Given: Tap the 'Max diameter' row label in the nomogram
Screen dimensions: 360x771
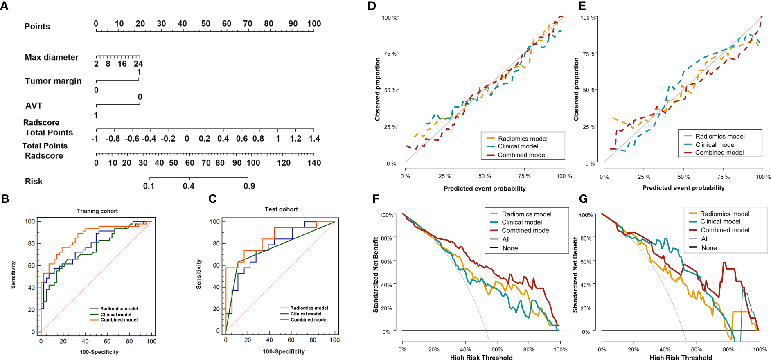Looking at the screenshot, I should tap(52, 58).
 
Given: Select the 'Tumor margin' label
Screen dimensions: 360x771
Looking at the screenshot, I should tap(53, 81).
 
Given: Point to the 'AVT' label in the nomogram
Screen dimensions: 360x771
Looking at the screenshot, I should tap(34, 106).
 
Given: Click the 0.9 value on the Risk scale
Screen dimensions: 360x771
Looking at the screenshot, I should tap(249, 186).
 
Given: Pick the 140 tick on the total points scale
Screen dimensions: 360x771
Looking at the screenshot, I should tap(314, 163).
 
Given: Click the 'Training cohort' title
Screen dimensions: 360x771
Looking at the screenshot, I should tap(97, 211).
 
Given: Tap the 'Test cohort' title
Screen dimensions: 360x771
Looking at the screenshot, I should tap(281, 209).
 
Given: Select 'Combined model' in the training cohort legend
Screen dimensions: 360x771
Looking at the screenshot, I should tap(119, 320).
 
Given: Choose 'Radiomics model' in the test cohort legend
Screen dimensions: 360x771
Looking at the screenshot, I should tap(309, 308).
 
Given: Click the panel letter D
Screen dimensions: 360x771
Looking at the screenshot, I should tap(372, 6).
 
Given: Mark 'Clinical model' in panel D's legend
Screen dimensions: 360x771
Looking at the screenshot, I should tap(518, 146).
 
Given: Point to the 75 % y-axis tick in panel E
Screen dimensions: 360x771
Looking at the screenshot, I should tap(589, 54).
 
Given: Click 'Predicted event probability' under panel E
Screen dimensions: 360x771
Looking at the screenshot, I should tap(683, 188).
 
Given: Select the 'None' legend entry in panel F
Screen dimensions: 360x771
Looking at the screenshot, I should tap(510, 248).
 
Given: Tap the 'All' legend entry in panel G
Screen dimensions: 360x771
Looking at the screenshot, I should tap(705, 239).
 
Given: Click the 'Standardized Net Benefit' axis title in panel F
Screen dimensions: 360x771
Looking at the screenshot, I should tap(376, 275).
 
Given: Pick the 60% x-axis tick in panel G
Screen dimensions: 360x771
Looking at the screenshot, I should tap(697, 350).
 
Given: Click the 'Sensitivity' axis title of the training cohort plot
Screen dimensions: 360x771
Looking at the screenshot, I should tap(13, 275).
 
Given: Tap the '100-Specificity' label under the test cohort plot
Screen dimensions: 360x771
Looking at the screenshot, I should tap(284, 351).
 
